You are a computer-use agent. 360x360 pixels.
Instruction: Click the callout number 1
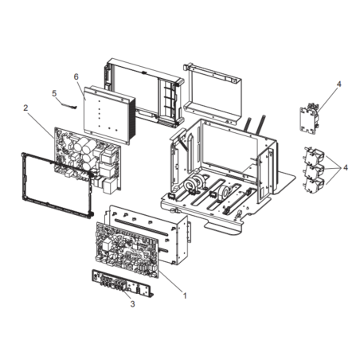click(185, 295)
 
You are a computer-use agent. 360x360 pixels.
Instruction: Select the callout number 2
click(25, 108)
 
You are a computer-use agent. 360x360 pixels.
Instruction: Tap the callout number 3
click(132, 303)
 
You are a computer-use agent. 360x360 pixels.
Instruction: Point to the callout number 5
click(54, 93)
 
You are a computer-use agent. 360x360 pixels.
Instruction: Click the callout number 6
click(76, 77)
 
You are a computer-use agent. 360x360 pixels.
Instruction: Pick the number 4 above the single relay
click(338, 84)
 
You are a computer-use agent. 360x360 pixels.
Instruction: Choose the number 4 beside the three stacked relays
click(346, 167)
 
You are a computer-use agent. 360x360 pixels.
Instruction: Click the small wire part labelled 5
click(68, 105)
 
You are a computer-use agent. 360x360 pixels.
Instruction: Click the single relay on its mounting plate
click(309, 118)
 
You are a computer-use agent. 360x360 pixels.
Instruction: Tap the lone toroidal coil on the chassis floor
click(225, 192)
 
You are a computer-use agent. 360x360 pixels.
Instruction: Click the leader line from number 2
click(41, 123)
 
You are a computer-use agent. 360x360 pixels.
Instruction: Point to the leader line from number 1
click(170, 282)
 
